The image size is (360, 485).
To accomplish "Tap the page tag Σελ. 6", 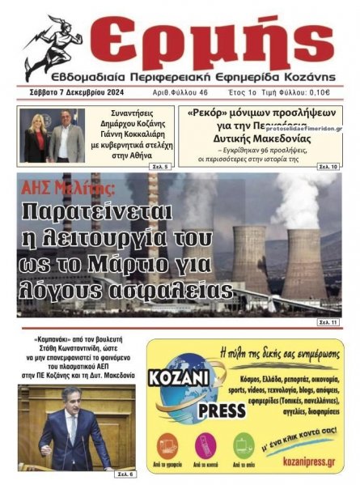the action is [124, 472].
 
